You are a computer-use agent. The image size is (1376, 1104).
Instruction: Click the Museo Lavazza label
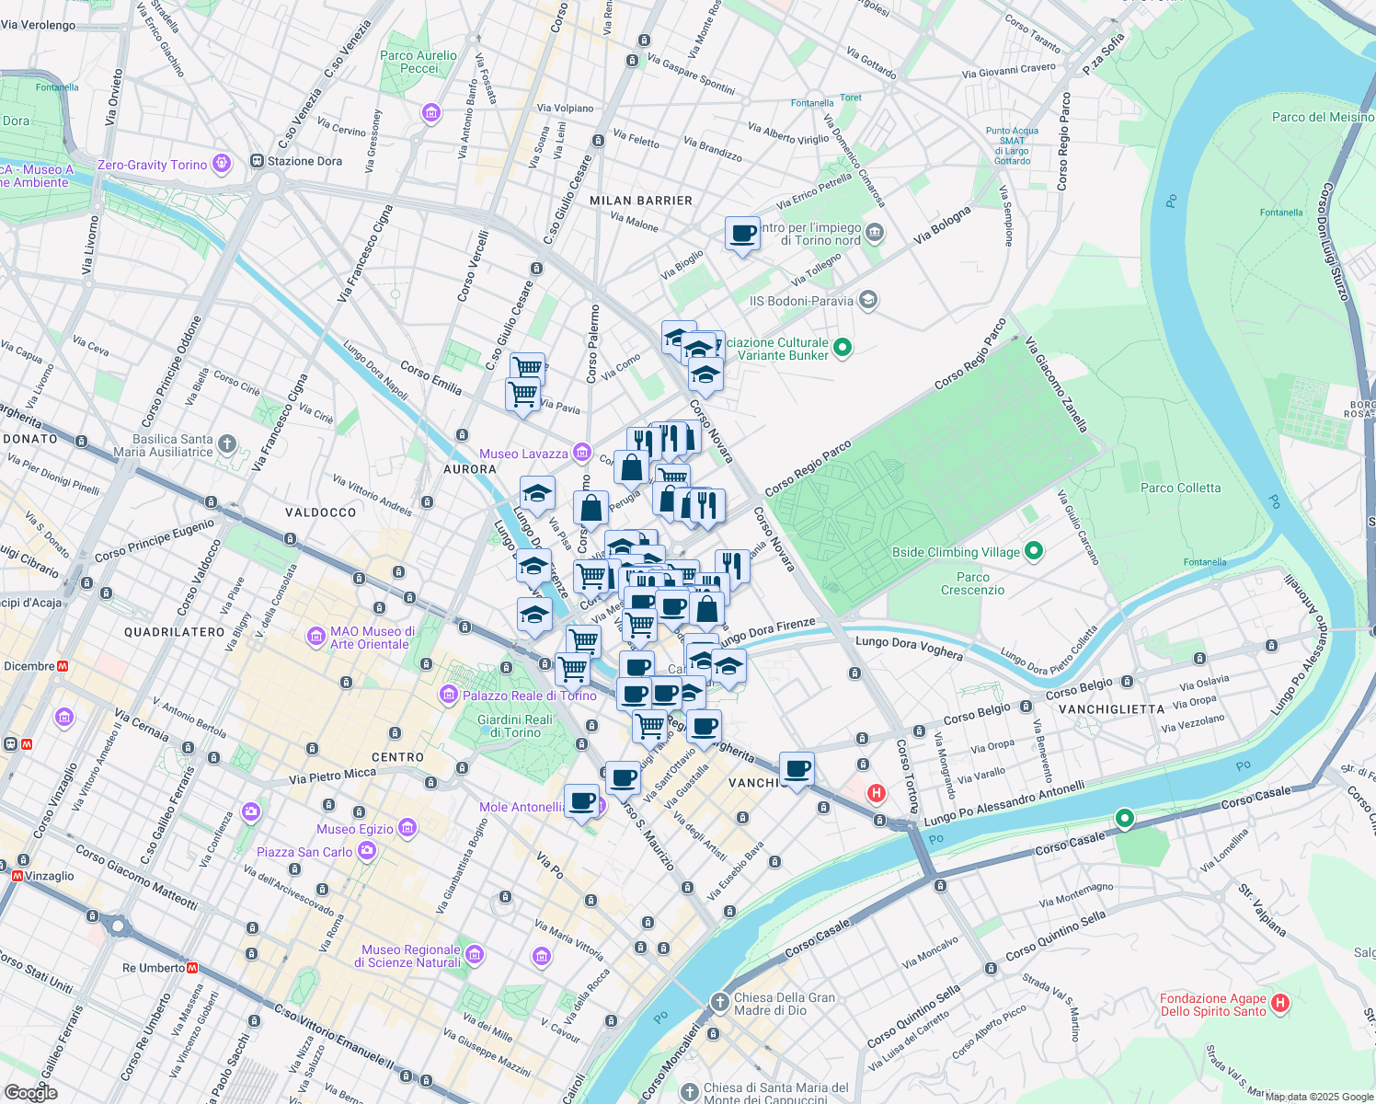(523, 454)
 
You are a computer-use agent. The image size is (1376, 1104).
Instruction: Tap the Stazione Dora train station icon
(256, 162)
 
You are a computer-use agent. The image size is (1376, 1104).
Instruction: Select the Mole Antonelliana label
(522, 807)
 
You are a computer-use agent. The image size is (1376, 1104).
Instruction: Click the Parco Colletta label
(1180, 488)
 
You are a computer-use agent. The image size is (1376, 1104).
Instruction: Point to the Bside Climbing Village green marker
(1034, 551)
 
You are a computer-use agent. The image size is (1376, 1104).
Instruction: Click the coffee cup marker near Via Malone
(742, 235)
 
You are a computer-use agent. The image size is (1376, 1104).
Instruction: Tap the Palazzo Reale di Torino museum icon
(449, 694)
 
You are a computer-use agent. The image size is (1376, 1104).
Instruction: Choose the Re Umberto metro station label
(153, 968)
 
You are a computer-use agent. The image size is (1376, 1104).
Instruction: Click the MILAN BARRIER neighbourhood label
(641, 201)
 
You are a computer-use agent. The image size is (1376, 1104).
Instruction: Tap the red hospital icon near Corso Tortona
(877, 792)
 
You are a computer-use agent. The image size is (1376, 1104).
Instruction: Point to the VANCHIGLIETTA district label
(1111, 709)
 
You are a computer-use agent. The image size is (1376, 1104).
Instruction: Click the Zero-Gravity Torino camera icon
(221, 164)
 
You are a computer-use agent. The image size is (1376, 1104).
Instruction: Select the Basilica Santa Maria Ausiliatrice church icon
(226, 445)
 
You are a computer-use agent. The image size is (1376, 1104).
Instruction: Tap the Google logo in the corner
(30, 1092)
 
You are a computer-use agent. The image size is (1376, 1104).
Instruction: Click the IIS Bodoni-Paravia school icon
(867, 300)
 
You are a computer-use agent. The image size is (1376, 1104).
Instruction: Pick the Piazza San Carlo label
(304, 852)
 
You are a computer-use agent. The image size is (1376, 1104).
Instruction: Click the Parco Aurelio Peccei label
(418, 62)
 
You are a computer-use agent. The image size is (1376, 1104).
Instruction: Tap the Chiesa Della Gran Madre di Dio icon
(720, 1002)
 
